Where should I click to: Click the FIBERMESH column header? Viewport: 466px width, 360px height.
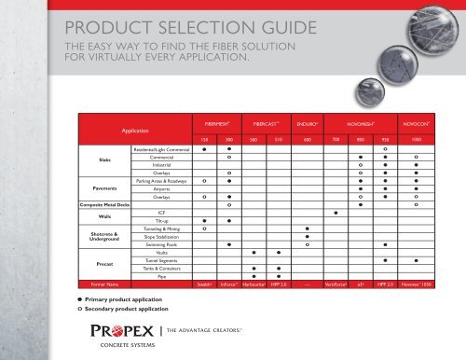click(x=216, y=122)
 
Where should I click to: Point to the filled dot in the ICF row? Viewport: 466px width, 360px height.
click(x=335, y=214)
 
